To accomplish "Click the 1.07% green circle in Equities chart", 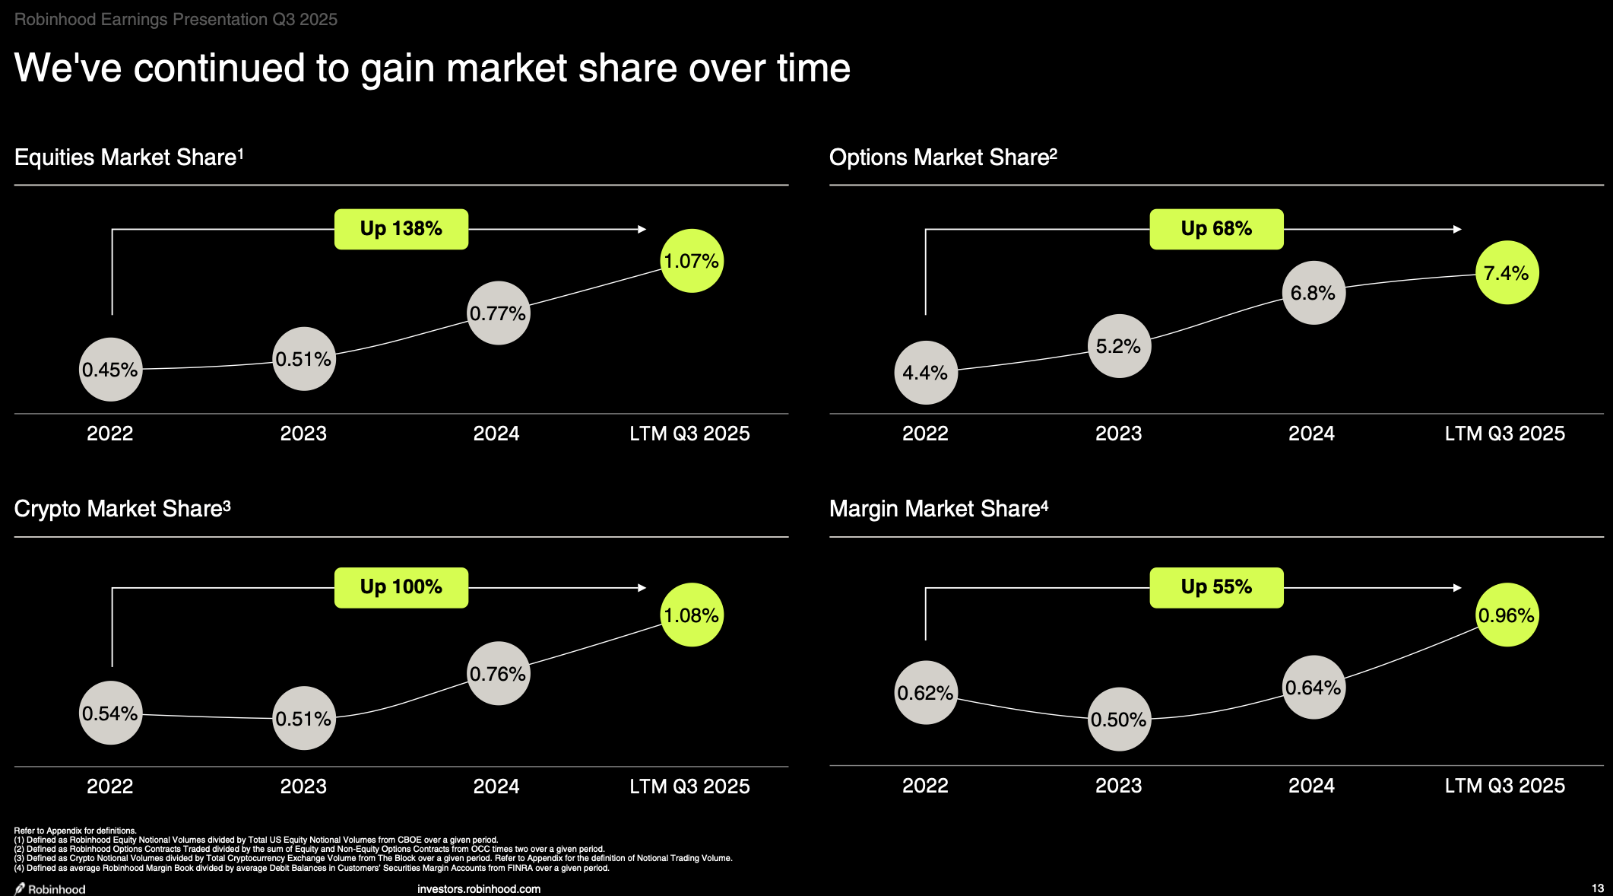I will pos(692,261).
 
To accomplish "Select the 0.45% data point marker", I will pos(111,370).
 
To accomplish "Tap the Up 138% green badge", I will pos(401,229).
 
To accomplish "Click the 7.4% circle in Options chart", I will pos(1507,273).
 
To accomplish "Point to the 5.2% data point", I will pos(1119,346).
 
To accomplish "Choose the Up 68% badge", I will pos(1216,229).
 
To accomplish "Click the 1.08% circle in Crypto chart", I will pos(692,615).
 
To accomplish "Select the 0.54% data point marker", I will pos(111,713).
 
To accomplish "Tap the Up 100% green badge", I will pos(401,587).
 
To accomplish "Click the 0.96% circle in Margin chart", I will pos(1507,615).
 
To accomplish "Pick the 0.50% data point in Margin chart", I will pos(1119,720).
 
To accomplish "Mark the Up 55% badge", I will pos(1216,587).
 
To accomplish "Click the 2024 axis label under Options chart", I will pos(1311,434).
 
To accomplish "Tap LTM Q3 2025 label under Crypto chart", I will pos(689,786).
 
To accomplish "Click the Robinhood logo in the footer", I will pos(50,888).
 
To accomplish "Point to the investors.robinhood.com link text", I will pos(479,888).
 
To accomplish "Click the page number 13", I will pos(1597,888).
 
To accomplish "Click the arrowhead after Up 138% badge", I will pos(642,229).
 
